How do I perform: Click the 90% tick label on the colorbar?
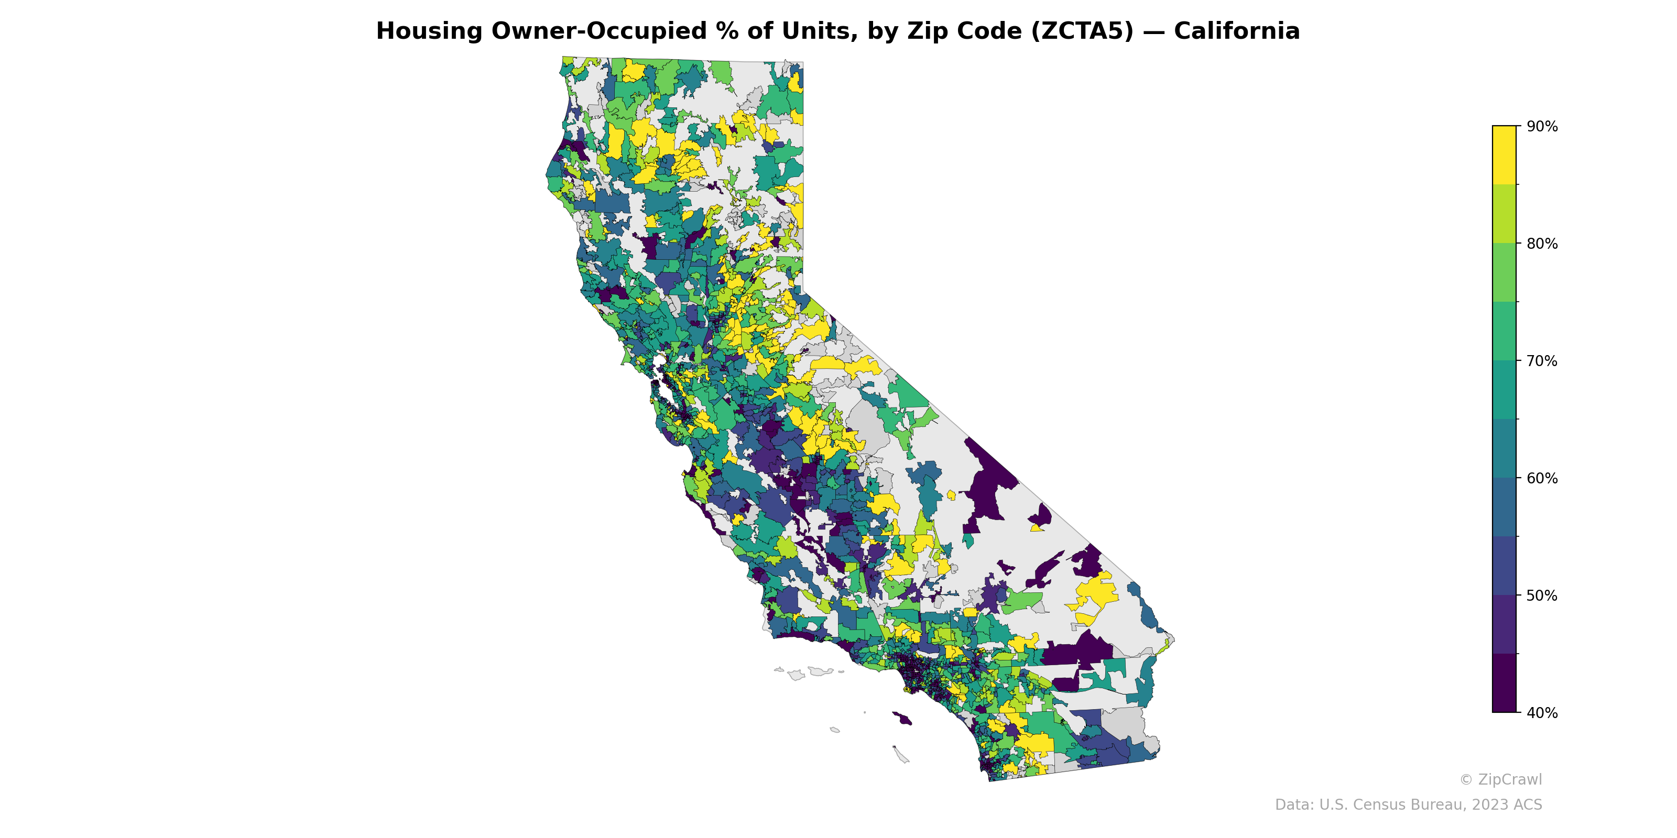click(1542, 127)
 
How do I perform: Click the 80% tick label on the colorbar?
click(1542, 244)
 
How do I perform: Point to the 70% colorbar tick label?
click(1542, 361)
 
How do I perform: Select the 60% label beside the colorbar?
click(1542, 478)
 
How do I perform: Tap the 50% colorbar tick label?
click(1542, 596)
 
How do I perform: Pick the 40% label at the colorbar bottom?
click(1542, 713)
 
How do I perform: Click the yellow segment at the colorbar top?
click(1504, 155)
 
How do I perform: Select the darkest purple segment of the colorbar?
click(1504, 683)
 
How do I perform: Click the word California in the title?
click(1236, 31)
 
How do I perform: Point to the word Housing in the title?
click(430, 31)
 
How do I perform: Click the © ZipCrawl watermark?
click(1500, 779)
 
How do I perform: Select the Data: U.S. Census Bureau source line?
click(1408, 805)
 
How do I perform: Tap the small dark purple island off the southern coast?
click(901, 718)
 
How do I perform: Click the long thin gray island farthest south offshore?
click(901, 755)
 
